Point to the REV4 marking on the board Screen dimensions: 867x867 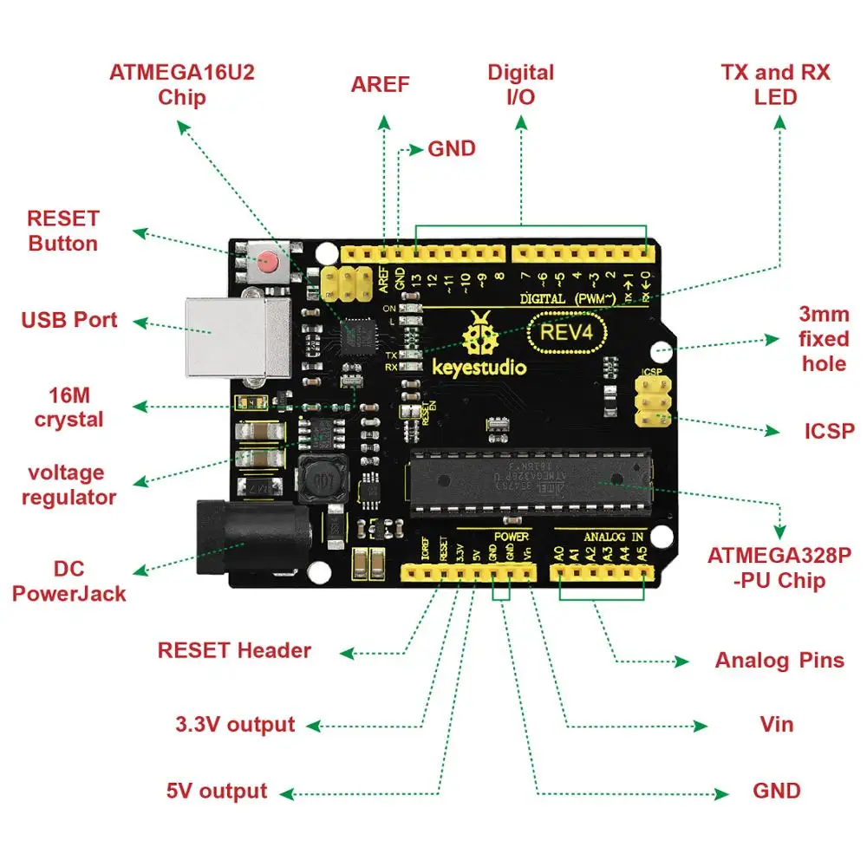568,333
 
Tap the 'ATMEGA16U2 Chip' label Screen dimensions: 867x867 182,84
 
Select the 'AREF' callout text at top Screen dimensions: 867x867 380,85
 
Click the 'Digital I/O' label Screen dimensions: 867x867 520,84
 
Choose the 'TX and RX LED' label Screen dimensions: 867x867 775,84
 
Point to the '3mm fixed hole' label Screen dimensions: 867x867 824,338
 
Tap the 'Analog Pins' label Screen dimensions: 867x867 779,661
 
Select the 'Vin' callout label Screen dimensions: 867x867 776,723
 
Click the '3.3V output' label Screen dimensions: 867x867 235,725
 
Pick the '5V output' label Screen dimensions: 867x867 217,791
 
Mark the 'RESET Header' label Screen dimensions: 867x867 234,650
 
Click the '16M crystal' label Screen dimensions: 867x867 69,407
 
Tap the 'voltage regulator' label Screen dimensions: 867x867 69,485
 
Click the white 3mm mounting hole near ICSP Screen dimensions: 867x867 662,350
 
